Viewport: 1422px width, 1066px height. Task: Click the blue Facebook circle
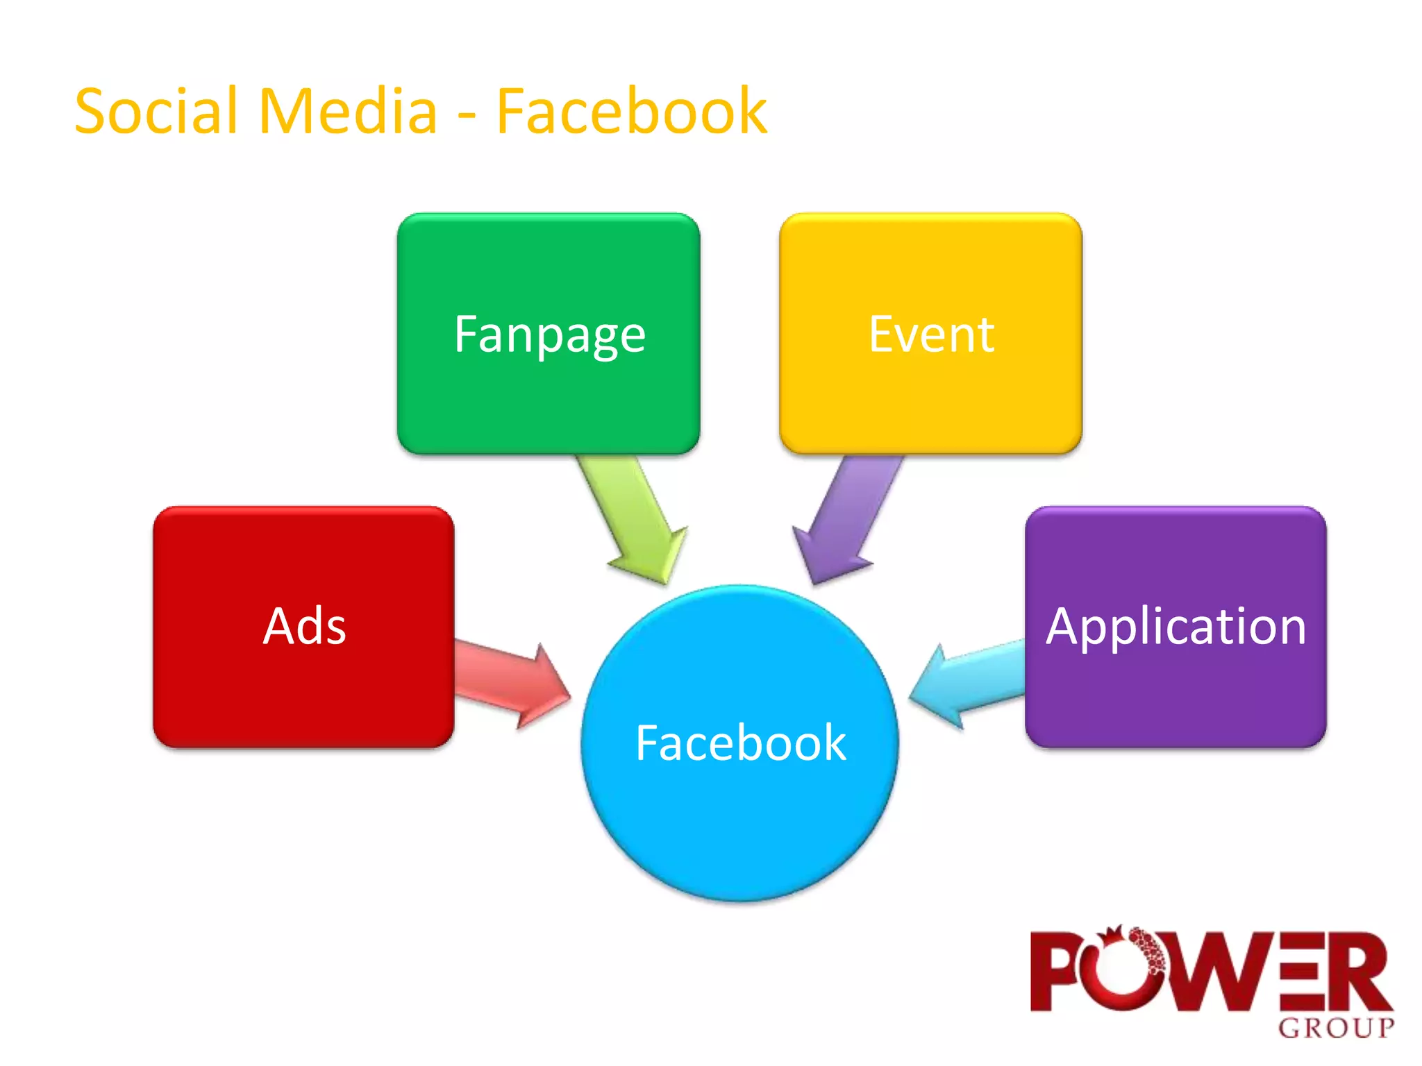[740, 819]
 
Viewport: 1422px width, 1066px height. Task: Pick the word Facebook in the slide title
[631, 111]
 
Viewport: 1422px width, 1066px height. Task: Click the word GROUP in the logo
[1336, 1028]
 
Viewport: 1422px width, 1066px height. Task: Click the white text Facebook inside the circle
[740, 743]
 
